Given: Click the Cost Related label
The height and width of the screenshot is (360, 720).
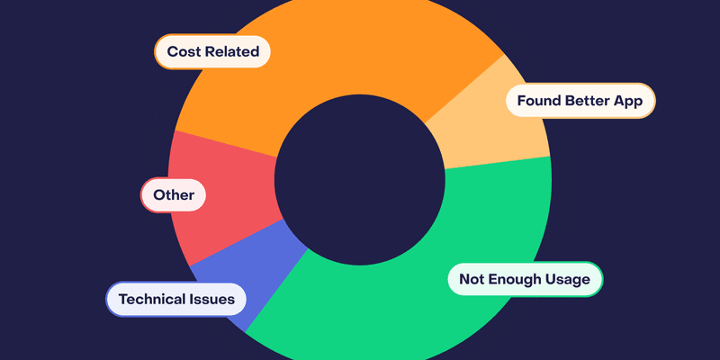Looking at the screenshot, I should click(212, 52).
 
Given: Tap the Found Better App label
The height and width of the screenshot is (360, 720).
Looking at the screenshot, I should click(580, 101).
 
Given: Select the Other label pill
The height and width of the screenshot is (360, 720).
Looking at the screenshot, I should click(174, 194).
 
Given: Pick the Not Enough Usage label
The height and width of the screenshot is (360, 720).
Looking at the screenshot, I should click(525, 279).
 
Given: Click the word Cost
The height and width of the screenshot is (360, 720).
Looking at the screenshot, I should click(183, 52).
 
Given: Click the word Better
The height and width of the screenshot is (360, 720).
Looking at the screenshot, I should click(588, 101).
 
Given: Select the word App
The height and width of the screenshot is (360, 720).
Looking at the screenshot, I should click(629, 101).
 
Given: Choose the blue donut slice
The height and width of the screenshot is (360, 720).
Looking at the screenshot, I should click(252, 270).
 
